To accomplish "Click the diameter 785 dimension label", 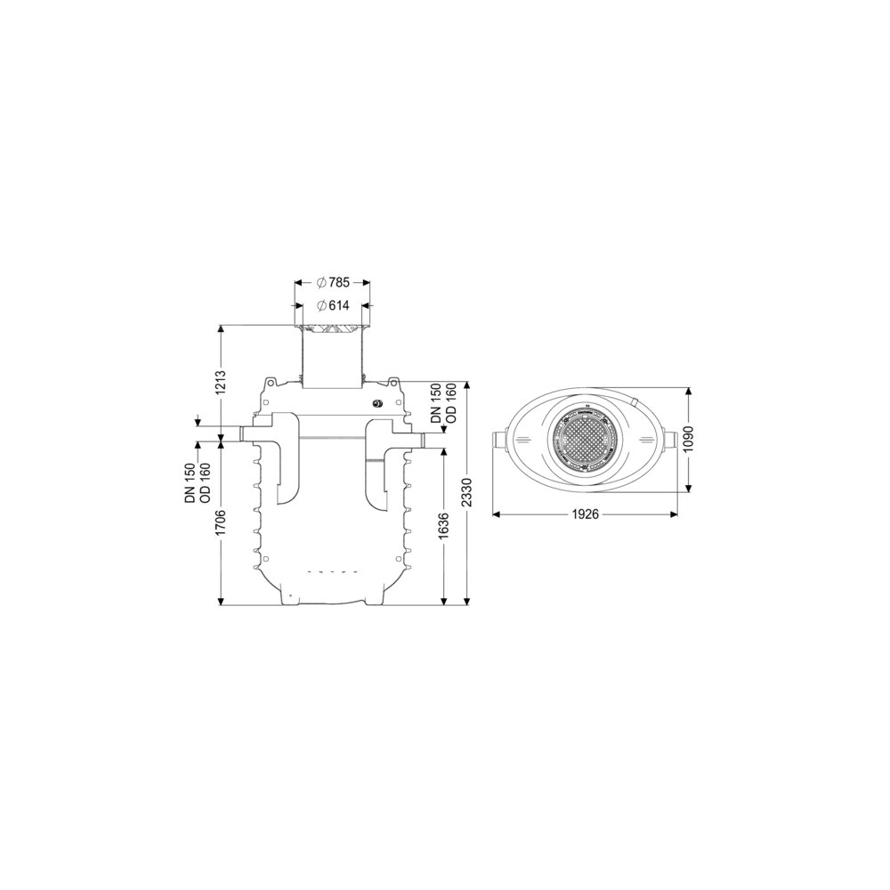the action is (x=333, y=282).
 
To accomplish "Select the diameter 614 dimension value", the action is (x=333, y=305).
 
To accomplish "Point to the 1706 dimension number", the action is (x=221, y=523).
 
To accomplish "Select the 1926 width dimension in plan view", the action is (x=585, y=514).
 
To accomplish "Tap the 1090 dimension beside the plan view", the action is (x=688, y=439).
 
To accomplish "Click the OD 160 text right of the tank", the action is (x=452, y=403).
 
